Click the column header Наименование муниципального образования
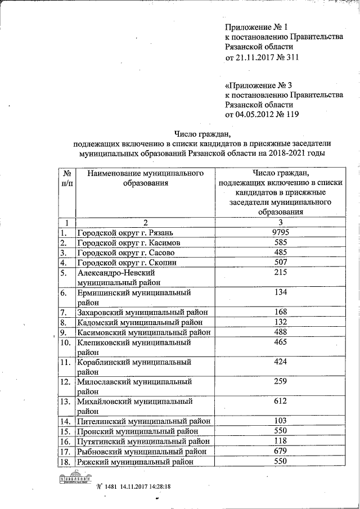click(145, 179)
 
